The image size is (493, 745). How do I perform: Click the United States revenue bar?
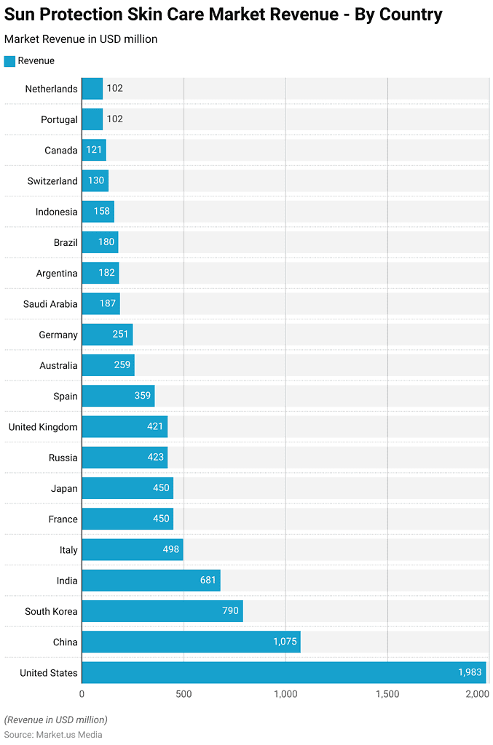tap(283, 672)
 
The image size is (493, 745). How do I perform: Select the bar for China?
tap(191, 642)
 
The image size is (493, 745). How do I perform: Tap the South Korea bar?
tap(162, 611)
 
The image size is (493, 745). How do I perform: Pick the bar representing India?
tap(151, 581)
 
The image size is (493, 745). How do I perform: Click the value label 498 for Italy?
tap(171, 550)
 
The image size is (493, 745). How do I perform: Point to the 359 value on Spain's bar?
tap(143, 396)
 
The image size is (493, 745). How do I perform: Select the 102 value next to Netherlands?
tap(114, 89)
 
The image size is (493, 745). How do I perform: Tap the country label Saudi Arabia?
tap(51, 304)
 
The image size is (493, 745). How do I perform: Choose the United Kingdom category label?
tap(43, 427)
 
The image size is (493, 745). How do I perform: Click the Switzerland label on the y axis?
tap(52, 181)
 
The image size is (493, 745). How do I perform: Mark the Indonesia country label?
tap(56, 212)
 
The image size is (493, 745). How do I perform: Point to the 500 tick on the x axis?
tap(184, 694)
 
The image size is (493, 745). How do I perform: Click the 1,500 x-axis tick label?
tap(387, 694)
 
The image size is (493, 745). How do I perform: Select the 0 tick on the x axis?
tap(82, 694)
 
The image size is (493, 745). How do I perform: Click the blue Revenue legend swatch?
tap(9, 61)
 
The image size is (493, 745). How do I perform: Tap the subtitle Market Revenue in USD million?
tap(81, 39)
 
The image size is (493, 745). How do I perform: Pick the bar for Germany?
tap(107, 335)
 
